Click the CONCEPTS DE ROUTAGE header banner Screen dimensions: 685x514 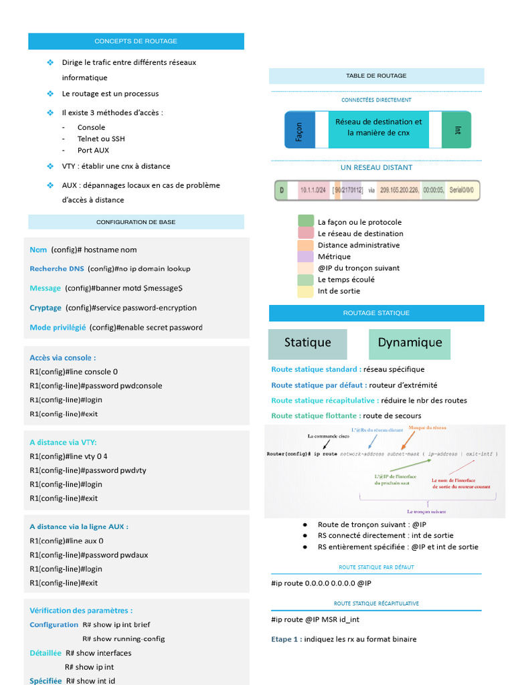tap(136, 41)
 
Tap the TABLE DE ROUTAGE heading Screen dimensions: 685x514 tap(376, 76)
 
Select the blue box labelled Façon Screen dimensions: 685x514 tap(299, 130)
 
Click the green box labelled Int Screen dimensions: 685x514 tap(457, 130)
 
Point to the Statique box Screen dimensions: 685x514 tap(308, 343)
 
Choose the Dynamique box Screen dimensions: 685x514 tap(410, 343)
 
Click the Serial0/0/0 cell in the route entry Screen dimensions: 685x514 tap(462, 191)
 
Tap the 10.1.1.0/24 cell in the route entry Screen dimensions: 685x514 tap(313, 191)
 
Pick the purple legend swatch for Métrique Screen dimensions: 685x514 tap(306, 257)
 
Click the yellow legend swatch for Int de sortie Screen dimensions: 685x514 tap(306, 292)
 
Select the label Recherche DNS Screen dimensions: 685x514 tap(57, 269)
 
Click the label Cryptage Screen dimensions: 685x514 tap(46, 308)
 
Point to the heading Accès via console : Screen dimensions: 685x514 tap(63, 358)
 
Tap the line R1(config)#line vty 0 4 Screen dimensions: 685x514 tap(69, 456)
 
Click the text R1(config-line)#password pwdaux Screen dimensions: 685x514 tap(89, 555)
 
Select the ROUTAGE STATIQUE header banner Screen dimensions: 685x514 tap(376, 313)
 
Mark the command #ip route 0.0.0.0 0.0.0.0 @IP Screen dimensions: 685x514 tap(321, 583)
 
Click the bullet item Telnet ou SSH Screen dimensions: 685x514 tap(101, 139)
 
